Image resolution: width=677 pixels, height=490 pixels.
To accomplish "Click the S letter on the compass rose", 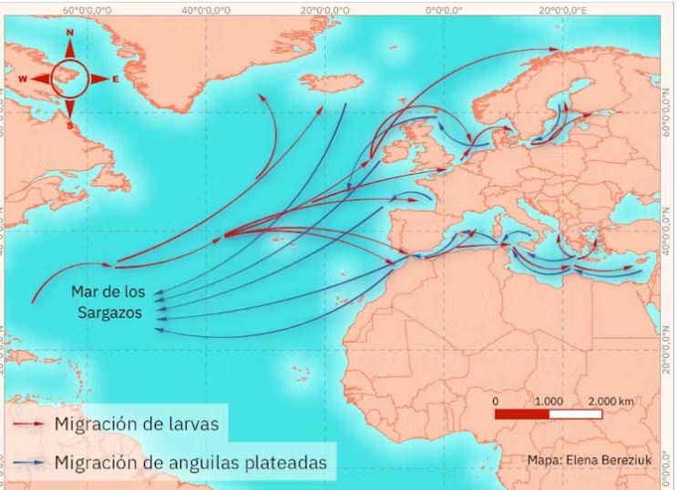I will [70, 125].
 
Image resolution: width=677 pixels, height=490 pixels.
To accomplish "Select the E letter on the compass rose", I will [116, 79].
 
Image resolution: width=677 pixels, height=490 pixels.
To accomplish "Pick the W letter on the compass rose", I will [25, 79].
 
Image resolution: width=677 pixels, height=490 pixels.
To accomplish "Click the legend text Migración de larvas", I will [137, 424].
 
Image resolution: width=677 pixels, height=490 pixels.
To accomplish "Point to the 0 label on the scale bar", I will [495, 401].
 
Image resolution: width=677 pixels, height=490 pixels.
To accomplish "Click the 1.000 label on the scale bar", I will [549, 401].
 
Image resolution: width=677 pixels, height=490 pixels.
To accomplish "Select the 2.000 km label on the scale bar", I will [610, 401].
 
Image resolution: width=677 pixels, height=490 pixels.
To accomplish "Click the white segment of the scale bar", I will [576, 414].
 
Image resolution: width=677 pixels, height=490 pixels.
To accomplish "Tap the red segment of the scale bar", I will [522, 414].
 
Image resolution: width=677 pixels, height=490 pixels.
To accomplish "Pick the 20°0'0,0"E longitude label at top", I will [563, 8].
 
